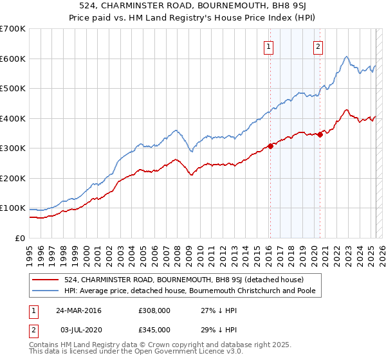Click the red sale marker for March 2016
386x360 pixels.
click(x=271, y=146)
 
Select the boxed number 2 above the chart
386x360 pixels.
click(x=318, y=46)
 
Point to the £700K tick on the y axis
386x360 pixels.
click(x=13, y=29)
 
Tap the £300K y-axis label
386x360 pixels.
click(x=13, y=148)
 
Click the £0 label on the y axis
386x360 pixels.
click(x=19, y=238)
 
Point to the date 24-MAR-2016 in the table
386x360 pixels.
click(x=78, y=311)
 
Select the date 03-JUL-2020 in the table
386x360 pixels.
click(x=78, y=329)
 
